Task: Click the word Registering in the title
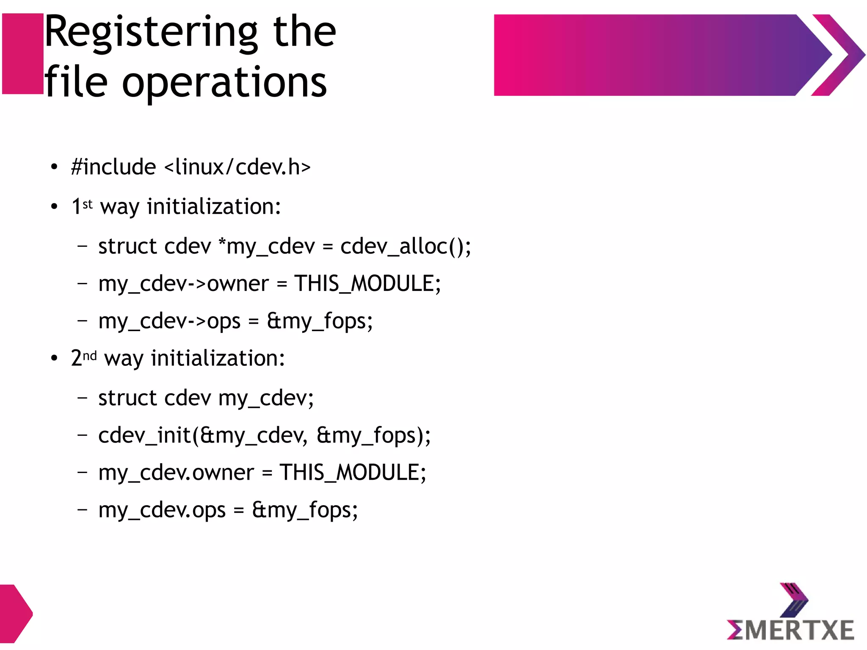click(x=151, y=32)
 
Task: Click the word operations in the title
click(x=224, y=82)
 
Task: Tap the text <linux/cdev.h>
click(x=237, y=167)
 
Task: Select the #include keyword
click(x=113, y=167)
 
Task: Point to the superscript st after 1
click(x=88, y=204)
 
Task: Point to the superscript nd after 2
click(x=89, y=355)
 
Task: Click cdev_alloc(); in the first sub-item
click(x=405, y=246)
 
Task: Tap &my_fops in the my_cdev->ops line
click(x=320, y=321)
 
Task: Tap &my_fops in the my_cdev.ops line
click(x=305, y=510)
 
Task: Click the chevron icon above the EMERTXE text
click(x=793, y=600)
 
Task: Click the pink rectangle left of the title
click(x=22, y=54)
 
